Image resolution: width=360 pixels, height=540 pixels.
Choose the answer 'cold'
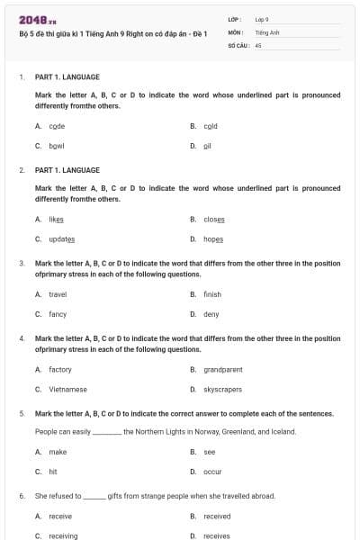point(211,126)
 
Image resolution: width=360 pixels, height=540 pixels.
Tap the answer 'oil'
point(207,145)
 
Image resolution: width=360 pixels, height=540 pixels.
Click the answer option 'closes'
point(214,219)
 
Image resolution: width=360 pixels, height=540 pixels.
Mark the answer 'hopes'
point(213,238)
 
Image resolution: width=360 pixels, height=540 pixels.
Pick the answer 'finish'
point(212,294)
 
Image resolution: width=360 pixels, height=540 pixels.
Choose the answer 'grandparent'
point(222,369)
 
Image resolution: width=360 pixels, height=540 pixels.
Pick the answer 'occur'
point(212,471)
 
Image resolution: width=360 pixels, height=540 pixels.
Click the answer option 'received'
point(217,516)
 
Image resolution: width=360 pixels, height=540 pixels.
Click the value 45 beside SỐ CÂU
point(258,44)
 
